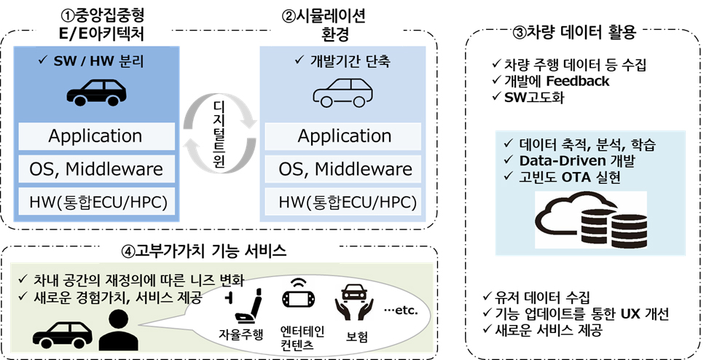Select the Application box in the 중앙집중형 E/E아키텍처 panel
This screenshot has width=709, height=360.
pyautogui.click(x=95, y=136)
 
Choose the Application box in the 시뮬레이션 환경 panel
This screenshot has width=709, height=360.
pyautogui.click(x=345, y=136)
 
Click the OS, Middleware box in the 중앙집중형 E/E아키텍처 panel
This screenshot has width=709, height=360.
pyautogui.click(x=95, y=169)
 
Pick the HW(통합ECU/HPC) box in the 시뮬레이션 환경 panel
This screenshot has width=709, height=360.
pyautogui.click(x=345, y=201)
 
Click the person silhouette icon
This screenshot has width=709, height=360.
pyautogui.click(x=115, y=329)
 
